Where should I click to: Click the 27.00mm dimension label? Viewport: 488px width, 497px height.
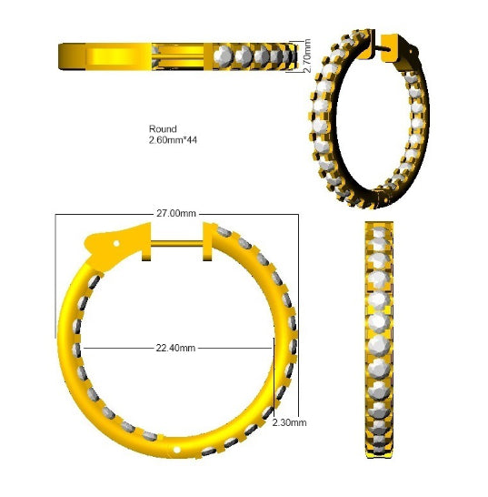[176, 213]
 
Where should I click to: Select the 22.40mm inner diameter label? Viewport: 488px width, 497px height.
[175, 348]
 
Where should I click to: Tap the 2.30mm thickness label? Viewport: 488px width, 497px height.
[289, 422]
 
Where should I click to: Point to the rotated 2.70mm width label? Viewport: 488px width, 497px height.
[306, 56]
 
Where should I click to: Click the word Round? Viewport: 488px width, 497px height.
[163, 129]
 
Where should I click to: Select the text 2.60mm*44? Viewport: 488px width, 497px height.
[173, 140]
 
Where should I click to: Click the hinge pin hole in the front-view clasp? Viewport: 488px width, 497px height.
[116, 243]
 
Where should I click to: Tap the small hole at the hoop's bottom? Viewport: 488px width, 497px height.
[177, 450]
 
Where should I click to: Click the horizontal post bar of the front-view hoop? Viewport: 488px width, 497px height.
[176, 243]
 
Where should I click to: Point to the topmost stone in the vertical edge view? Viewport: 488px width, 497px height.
[379, 229]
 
